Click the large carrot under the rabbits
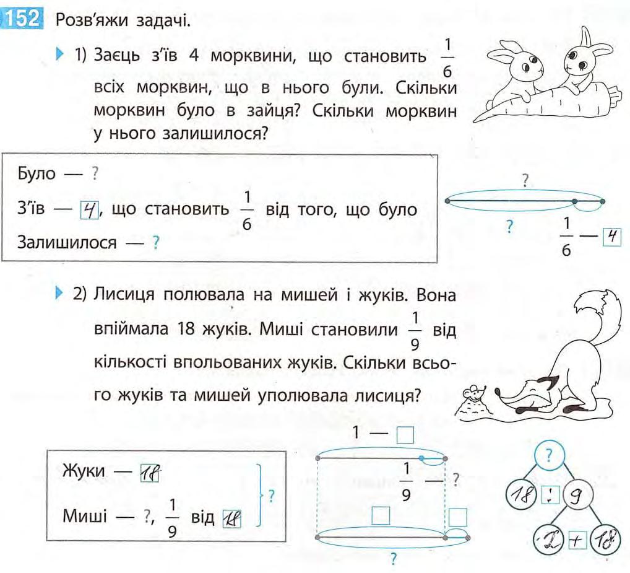pos(545,103)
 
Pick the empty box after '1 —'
pos(405,435)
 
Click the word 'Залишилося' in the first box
pos(67,243)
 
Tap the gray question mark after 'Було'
pos(95,175)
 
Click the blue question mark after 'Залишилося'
pos(156,243)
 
